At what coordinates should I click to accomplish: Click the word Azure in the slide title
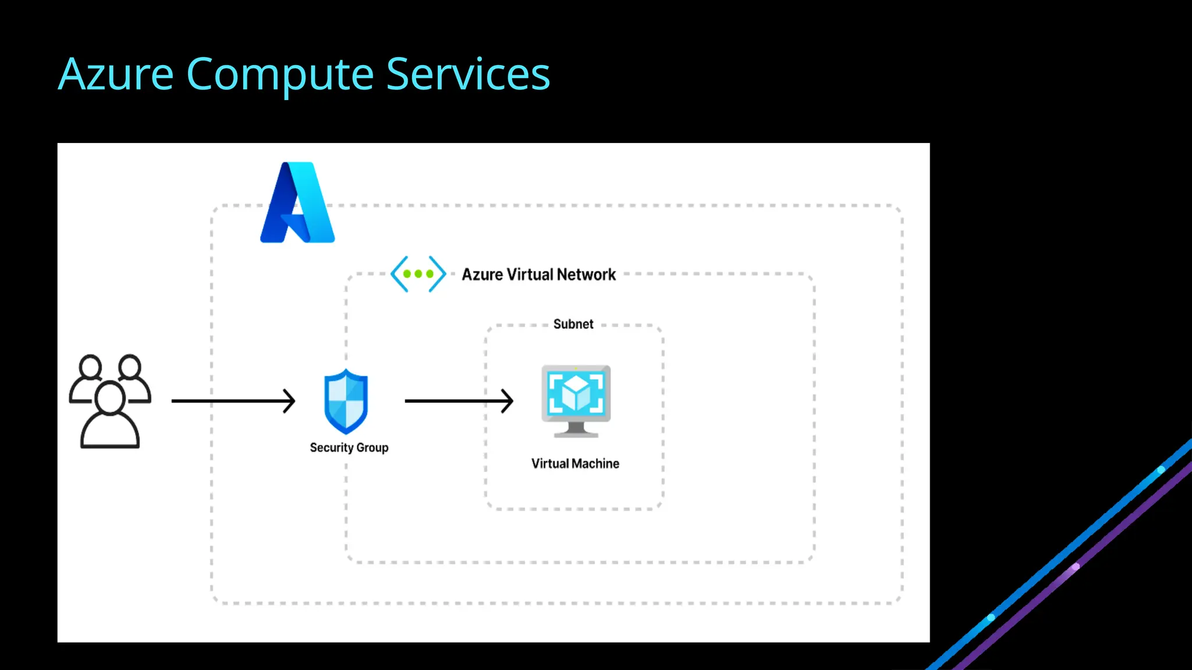click(116, 74)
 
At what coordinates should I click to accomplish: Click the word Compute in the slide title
click(279, 74)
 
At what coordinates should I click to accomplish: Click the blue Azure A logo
click(297, 203)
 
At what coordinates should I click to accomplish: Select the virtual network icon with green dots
click(418, 273)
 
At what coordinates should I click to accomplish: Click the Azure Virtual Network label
click(538, 275)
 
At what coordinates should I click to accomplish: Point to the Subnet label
click(573, 324)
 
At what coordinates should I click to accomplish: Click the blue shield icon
click(346, 401)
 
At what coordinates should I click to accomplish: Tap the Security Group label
click(349, 447)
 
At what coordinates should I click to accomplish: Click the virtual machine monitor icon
click(576, 401)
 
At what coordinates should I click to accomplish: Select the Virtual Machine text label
click(575, 464)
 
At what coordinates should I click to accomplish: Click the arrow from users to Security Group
click(233, 401)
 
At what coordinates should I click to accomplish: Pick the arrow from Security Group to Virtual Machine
click(459, 401)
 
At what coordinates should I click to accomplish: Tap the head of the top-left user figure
click(90, 367)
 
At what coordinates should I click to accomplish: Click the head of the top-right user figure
click(130, 367)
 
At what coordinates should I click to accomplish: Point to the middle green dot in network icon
click(418, 273)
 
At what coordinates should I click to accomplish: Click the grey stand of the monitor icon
click(576, 430)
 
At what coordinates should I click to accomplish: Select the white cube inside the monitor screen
click(576, 392)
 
